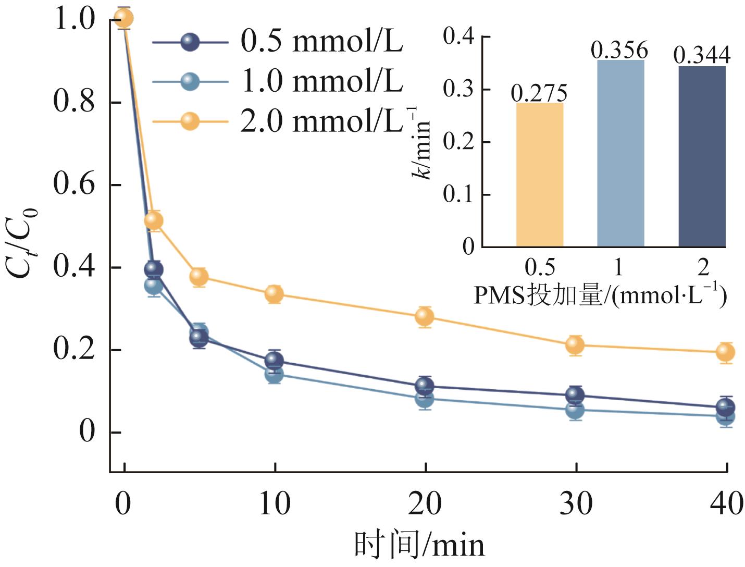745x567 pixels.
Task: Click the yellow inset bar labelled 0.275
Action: pos(540,175)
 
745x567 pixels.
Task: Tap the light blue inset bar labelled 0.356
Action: pos(620,153)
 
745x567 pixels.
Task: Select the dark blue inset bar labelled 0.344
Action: pos(702,156)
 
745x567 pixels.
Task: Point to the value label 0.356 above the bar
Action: pos(619,51)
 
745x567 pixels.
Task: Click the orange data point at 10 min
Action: pos(274,294)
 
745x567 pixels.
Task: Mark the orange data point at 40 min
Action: pos(725,352)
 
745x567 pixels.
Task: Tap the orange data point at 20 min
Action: pos(425,316)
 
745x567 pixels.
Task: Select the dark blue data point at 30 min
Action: pos(575,395)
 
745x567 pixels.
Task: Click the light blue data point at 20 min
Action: pos(425,399)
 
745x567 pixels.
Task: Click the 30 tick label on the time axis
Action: pos(576,503)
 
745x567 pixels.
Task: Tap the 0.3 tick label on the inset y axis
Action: pos(458,90)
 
